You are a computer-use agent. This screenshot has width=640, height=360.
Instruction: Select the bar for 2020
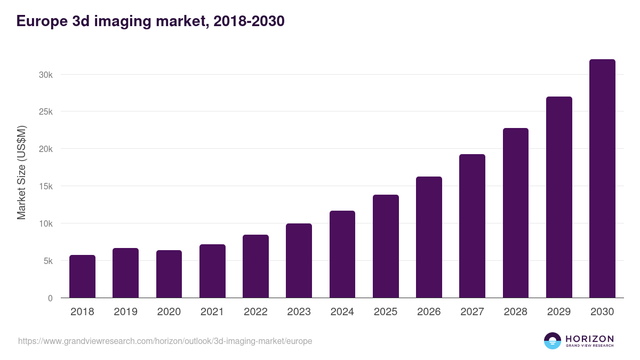tap(169, 274)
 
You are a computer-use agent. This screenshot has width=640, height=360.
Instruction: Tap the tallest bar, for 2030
tap(602, 179)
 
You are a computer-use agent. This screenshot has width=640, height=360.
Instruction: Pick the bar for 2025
tap(386, 246)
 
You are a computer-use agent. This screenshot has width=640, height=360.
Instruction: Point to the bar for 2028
tap(516, 213)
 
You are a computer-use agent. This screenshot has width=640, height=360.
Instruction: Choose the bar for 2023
tap(299, 261)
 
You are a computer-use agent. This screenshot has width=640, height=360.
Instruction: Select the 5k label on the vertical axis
tap(48, 261)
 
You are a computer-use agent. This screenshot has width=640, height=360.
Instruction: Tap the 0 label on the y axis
tap(50, 298)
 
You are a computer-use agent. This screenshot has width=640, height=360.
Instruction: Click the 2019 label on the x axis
tap(125, 312)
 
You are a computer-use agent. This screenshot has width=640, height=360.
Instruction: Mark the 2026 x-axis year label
tap(429, 312)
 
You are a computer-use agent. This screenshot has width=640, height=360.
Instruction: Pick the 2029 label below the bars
tap(559, 312)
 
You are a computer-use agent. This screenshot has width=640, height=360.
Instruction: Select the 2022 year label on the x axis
tap(255, 312)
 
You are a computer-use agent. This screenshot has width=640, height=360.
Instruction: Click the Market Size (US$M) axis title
tap(21, 172)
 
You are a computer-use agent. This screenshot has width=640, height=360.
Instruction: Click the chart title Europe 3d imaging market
tap(150, 21)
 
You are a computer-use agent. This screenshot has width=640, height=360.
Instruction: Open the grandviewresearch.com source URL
tap(165, 341)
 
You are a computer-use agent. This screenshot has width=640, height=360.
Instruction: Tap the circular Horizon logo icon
tap(553, 341)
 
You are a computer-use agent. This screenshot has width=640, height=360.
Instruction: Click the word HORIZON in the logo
tap(589, 339)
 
